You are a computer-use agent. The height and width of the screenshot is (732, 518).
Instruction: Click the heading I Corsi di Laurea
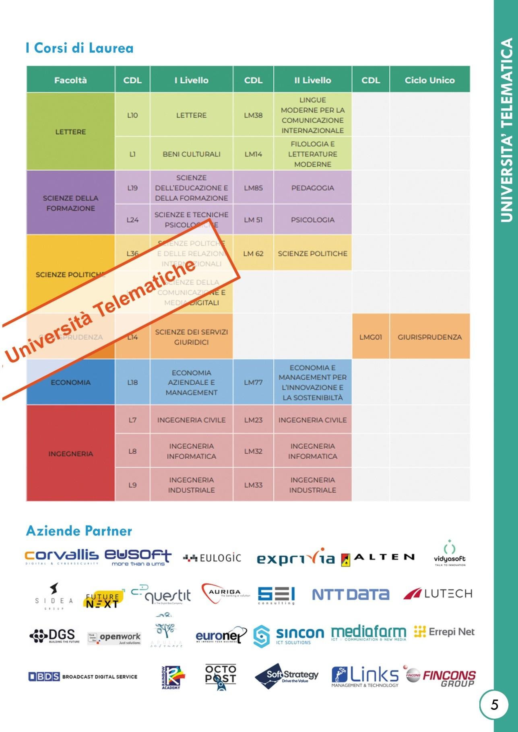pyautogui.click(x=79, y=48)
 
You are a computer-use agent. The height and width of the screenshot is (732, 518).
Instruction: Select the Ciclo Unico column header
pyautogui.click(x=429, y=80)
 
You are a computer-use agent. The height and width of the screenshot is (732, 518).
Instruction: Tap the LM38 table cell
pyautogui.click(x=253, y=115)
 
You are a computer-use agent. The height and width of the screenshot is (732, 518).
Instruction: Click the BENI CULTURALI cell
pyautogui.click(x=191, y=154)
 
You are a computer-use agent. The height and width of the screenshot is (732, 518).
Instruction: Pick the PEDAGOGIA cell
pyautogui.click(x=312, y=188)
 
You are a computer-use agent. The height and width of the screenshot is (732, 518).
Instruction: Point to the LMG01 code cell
pyautogui.click(x=370, y=337)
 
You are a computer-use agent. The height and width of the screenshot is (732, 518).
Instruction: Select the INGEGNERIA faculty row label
pyautogui.click(x=70, y=454)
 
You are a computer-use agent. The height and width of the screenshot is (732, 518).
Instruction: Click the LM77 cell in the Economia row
pyautogui.click(x=253, y=382)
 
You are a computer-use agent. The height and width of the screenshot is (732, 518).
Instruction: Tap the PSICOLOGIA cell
pyautogui.click(x=312, y=220)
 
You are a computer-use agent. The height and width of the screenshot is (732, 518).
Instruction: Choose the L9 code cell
pyautogui.click(x=132, y=485)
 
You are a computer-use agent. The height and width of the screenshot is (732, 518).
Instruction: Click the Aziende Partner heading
pyautogui.click(x=79, y=531)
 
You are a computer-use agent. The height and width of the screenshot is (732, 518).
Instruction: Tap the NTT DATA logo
pyautogui.click(x=351, y=594)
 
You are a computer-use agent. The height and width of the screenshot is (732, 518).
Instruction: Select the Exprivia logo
pyautogui.click(x=296, y=557)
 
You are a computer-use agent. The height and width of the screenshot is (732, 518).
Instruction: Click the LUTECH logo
pyautogui.click(x=438, y=594)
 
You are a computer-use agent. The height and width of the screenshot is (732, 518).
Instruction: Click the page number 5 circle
pyautogui.click(x=494, y=705)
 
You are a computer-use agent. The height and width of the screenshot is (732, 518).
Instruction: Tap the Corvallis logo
pyautogui.click(x=61, y=557)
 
